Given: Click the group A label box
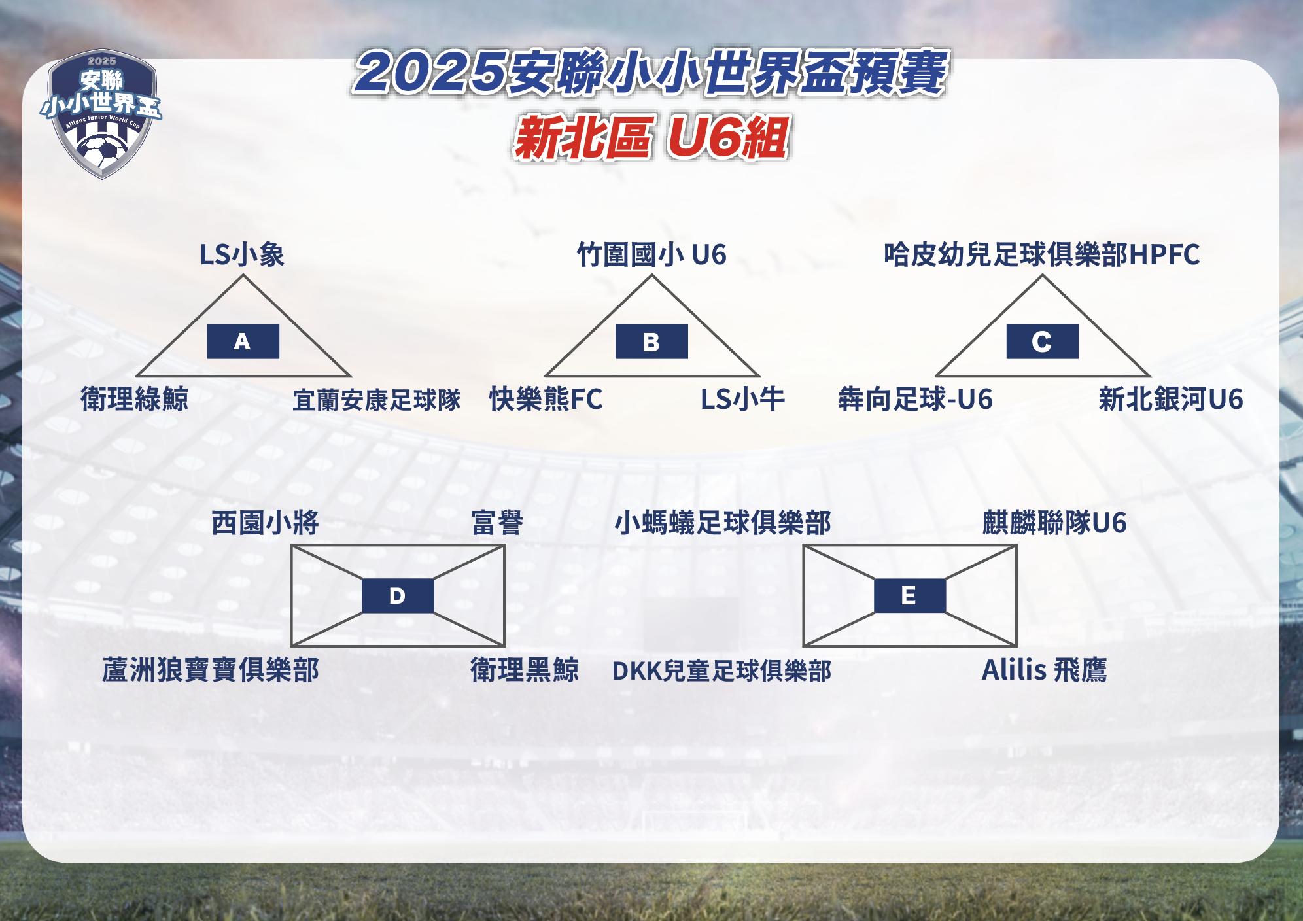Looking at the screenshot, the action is [x=243, y=341].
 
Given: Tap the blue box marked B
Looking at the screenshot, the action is [x=651, y=341].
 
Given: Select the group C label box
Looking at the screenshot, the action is [x=1042, y=341].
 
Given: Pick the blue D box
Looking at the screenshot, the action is [x=398, y=596].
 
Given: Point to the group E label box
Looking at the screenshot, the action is [x=910, y=596].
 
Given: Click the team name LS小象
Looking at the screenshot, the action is [x=242, y=254].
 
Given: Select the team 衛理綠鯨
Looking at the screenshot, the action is [x=135, y=399].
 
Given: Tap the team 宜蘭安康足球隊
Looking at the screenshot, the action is [x=377, y=400].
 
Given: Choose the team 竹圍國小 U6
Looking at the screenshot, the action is [x=651, y=254].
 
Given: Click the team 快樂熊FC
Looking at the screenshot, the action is [x=546, y=399].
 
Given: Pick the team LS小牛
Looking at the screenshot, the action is [x=742, y=399].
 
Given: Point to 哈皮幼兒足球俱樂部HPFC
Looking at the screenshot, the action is [x=1042, y=254].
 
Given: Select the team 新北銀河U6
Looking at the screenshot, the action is [x=1171, y=399].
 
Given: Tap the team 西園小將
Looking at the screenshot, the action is [x=265, y=523].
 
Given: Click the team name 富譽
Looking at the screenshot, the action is [x=498, y=523].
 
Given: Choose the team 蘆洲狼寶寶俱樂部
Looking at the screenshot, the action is [x=211, y=670].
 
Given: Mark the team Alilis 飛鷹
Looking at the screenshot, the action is [x=1045, y=670].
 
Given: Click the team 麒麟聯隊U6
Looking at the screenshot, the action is [x=1054, y=523].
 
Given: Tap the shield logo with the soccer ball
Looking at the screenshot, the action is [x=101, y=114].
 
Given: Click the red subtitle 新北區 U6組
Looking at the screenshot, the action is [x=651, y=137].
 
